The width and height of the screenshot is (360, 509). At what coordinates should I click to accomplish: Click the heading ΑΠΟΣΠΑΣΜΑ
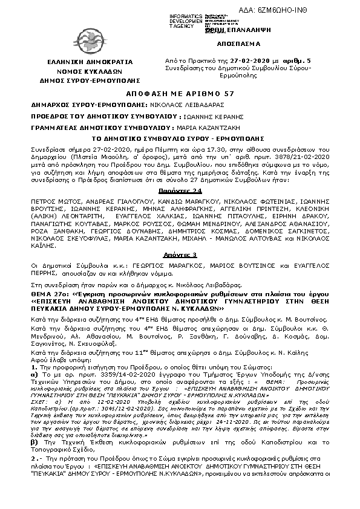(x=237, y=44)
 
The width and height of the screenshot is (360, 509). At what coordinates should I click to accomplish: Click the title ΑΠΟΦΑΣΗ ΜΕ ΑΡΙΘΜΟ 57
(x=180, y=94)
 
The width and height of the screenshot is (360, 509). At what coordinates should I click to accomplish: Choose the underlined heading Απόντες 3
(x=180, y=256)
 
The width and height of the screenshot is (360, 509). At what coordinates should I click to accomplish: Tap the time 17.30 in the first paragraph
(x=140, y=148)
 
